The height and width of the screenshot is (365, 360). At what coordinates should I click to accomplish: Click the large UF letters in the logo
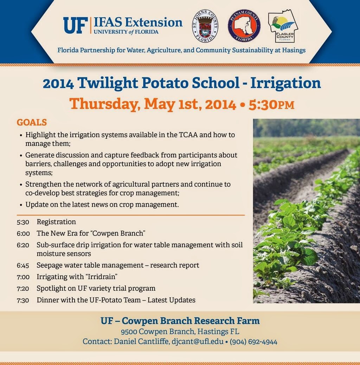pyautogui.click(x=75, y=25)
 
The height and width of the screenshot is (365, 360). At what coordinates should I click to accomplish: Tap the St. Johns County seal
pyautogui.click(x=205, y=26)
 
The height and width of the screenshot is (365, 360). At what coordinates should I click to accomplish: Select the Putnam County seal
pyautogui.click(x=244, y=26)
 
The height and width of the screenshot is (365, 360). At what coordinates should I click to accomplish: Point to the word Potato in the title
pyautogui.click(x=165, y=83)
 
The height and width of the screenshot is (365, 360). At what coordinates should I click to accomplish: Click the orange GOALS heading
pyautogui.click(x=32, y=122)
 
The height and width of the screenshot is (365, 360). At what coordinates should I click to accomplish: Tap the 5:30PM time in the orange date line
pyautogui.click(x=271, y=105)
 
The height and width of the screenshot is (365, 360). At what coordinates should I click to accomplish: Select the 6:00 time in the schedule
pyautogui.click(x=23, y=233)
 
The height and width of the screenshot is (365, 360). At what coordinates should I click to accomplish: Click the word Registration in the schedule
pyautogui.click(x=56, y=222)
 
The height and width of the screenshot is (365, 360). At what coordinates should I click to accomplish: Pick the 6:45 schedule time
pyautogui.click(x=23, y=265)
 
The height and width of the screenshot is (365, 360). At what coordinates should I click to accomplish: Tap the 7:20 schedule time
pyautogui.click(x=23, y=289)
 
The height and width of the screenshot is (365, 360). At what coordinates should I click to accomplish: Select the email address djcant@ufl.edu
pyautogui.click(x=198, y=341)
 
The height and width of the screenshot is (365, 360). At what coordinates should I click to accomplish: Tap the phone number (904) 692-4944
pyautogui.click(x=253, y=342)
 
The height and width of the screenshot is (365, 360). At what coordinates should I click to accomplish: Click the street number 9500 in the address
pyautogui.click(x=129, y=332)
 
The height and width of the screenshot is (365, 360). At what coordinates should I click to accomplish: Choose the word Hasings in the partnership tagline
pyautogui.click(x=294, y=50)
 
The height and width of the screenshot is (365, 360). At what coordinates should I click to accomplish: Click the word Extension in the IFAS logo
pyautogui.click(x=154, y=23)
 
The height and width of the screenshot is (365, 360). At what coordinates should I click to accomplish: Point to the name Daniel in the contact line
pyautogui.click(x=125, y=341)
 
